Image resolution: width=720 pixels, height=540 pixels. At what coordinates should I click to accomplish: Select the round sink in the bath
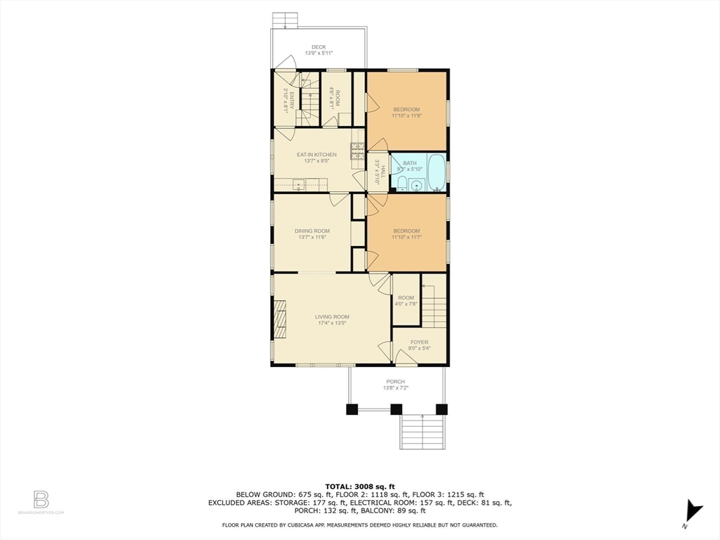(x=416, y=186)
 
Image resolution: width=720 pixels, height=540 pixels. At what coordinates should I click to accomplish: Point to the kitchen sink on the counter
(x=298, y=186)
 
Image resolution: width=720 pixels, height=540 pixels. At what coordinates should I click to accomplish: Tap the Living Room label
(x=332, y=317)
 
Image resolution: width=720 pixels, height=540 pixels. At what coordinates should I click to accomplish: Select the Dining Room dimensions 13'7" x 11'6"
(x=313, y=238)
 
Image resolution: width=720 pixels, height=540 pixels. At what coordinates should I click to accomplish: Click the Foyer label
(x=419, y=342)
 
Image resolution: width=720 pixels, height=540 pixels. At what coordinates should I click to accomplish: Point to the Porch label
(x=394, y=382)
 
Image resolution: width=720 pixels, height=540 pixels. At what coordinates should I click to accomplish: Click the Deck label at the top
(x=319, y=47)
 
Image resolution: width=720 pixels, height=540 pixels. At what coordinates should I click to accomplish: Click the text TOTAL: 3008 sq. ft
(x=360, y=486)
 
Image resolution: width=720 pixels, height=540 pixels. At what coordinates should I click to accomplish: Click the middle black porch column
(x=396, y=409)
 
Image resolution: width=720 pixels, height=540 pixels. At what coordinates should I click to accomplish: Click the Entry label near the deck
(x=285, y=101)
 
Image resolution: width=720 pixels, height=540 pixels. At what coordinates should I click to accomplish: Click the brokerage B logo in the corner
(x=41, y=500)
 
